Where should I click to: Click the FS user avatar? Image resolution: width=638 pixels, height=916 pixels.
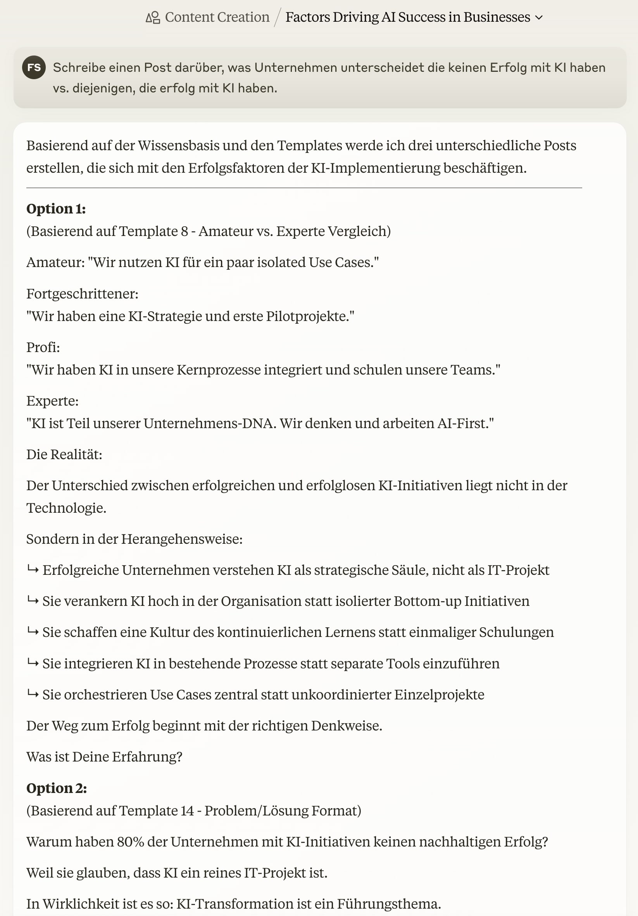tap(34, 68)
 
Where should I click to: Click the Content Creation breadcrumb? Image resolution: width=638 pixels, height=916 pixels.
tap(217, 17)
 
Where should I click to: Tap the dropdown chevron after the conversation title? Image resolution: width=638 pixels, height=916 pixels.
tap(539, 17)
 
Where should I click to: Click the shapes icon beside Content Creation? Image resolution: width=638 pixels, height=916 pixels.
tap(153, 17)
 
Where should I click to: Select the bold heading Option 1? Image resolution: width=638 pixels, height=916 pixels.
tap(56, 209)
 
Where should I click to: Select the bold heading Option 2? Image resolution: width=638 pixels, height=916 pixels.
tap(57, 788)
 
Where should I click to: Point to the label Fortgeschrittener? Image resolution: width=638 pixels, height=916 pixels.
tap(83, 294)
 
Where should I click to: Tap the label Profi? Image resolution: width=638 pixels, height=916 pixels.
tap(43, 347)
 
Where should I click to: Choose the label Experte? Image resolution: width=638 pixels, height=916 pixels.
tap(53, 401)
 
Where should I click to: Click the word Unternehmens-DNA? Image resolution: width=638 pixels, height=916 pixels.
tap(210, 423)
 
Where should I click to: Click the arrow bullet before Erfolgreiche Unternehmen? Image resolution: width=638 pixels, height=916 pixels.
tap(33, 570)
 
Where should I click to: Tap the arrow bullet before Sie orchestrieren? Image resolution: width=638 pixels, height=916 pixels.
tap(33, 694)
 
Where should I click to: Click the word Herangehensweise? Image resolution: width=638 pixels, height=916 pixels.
tap(182, 539)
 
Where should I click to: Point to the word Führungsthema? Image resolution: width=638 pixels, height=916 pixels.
tap(388, 904)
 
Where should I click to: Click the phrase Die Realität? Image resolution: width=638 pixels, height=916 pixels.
tap(64, 455)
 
